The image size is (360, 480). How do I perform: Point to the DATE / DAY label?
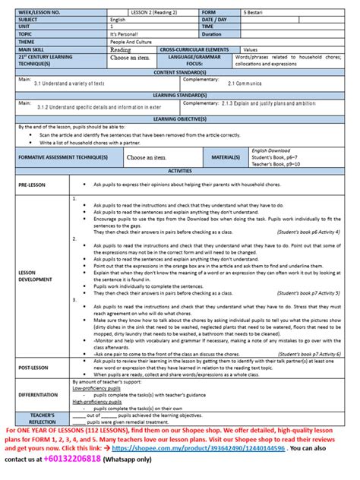pyautogui.click(x=216, y=19)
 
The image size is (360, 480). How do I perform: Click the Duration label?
pyautogui.click(x=213, y=34)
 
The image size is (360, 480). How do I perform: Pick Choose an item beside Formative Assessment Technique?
pyautogui.click(x=147, y=157)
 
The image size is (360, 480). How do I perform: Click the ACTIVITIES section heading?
pyautogui.click(x=180, y=172)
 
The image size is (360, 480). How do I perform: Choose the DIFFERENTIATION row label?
pyautogui.click(x=38, y=395)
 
